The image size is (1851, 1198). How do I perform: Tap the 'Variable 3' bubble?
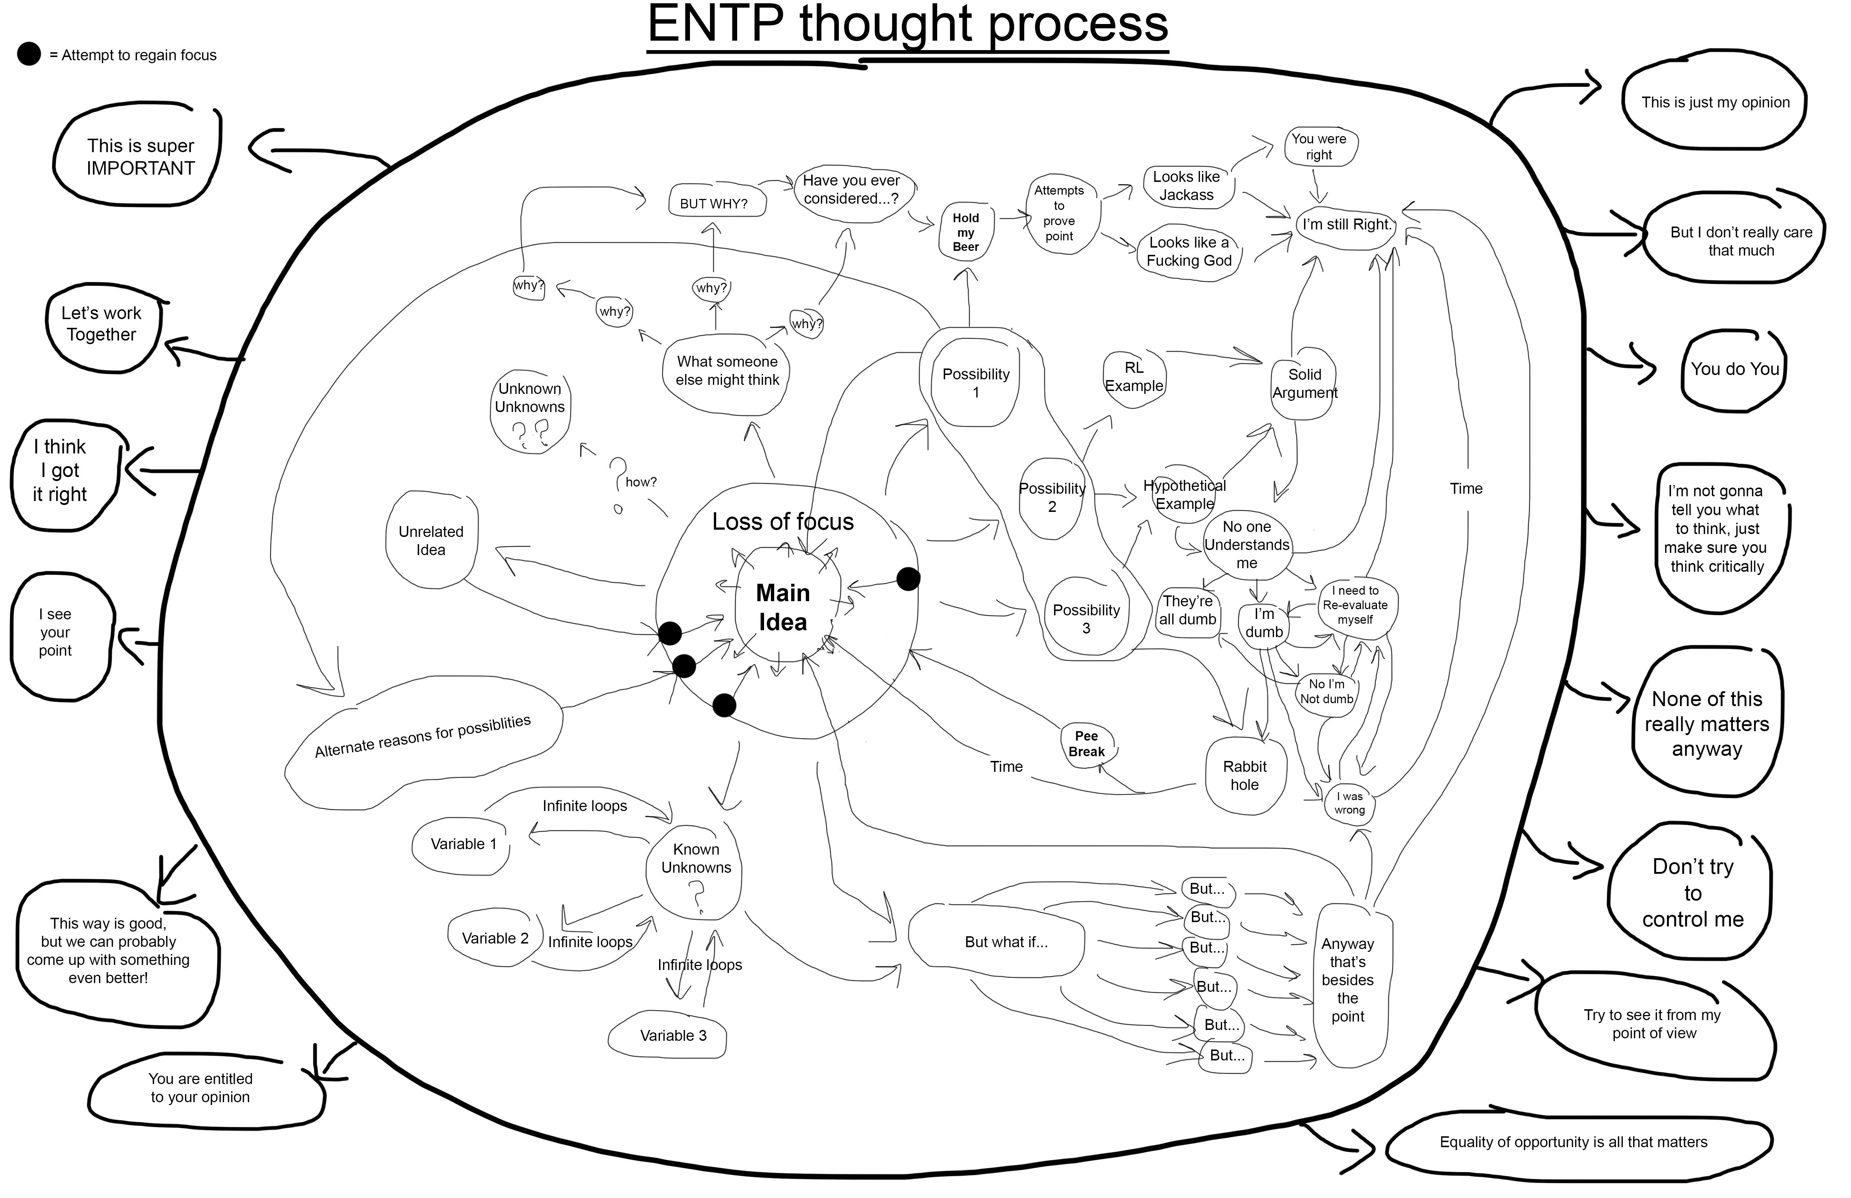coord(673,1035)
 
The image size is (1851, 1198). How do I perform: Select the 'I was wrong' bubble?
coord(1349,803)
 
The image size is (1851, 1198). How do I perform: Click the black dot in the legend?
coord(29,54)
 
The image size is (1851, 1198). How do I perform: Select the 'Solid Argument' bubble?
coord(1304,383)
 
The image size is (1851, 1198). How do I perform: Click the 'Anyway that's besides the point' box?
coord(1348,980)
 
